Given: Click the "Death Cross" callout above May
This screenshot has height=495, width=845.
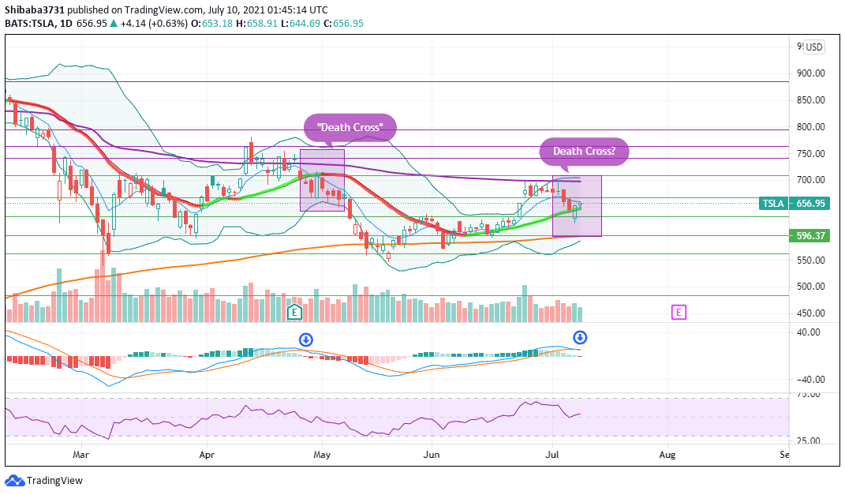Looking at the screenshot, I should click(x=350, y=127).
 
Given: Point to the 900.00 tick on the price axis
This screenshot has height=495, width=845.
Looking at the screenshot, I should click(x=810, y=73).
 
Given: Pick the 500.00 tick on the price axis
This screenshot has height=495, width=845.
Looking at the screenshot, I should click(x=810, y=287).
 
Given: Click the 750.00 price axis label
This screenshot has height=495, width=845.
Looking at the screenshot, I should click(x=810, y=154).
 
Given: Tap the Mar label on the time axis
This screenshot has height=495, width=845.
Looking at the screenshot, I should click(x=80, y=455).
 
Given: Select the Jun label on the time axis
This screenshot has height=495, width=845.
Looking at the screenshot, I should click(x=431, y=455).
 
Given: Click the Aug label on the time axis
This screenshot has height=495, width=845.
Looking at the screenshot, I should click(x=667, y=455).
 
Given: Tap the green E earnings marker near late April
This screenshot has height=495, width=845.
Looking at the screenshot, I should click(x=295, y=312).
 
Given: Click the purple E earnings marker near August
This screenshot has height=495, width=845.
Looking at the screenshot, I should click(x=679, y=312).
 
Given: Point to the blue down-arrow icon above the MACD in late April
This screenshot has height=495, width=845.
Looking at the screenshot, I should click(x=306, y=339).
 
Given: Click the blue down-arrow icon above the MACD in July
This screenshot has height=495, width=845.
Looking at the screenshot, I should click(x=579, y=337).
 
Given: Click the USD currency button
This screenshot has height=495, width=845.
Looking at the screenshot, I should click(x=813, y=47).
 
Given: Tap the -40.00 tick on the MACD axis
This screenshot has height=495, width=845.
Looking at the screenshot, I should click(x=809, y=380).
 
